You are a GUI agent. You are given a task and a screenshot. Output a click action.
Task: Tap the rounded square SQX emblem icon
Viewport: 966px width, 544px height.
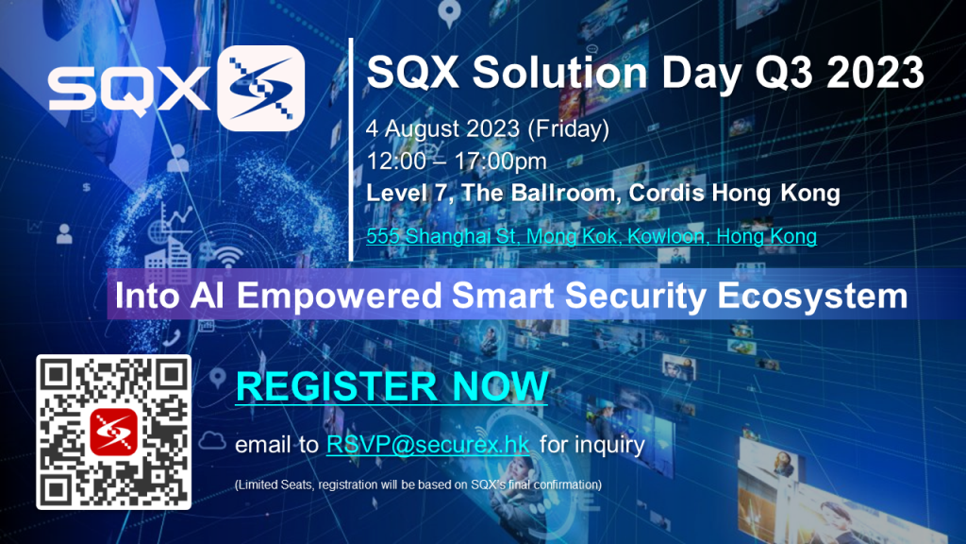pos(261,88)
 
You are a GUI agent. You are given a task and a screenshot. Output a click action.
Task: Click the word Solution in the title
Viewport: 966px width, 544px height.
pos(560,73)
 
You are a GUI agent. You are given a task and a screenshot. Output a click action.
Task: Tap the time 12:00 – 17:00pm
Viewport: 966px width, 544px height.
pos(457,161)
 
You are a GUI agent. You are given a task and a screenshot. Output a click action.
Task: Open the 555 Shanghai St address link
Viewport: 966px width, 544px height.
pos(591,236)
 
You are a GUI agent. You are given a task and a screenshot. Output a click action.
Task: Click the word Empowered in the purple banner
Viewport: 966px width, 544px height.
pos(340,296)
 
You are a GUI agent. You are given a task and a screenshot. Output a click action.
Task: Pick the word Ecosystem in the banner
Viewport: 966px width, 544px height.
pos(812,297)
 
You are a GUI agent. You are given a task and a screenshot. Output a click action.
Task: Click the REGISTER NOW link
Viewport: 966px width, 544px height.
pos(391,386)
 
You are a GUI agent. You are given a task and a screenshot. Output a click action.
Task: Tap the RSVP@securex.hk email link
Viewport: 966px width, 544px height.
pos(428,445)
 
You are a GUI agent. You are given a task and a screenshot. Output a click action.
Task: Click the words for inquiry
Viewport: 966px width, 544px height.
pos(592,445)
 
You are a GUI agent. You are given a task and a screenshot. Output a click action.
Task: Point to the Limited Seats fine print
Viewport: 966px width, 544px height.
pos(418,484)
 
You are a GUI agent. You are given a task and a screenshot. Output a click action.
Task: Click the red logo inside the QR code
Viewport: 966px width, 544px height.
pos(113,432)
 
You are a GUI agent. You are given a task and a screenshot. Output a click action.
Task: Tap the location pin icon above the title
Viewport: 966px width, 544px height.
pos(449,13)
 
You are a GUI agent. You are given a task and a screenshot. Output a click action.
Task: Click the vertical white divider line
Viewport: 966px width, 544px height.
pos(351,149)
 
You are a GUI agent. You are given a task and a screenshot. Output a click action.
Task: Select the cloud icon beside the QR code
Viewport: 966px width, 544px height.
pos(212,441)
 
